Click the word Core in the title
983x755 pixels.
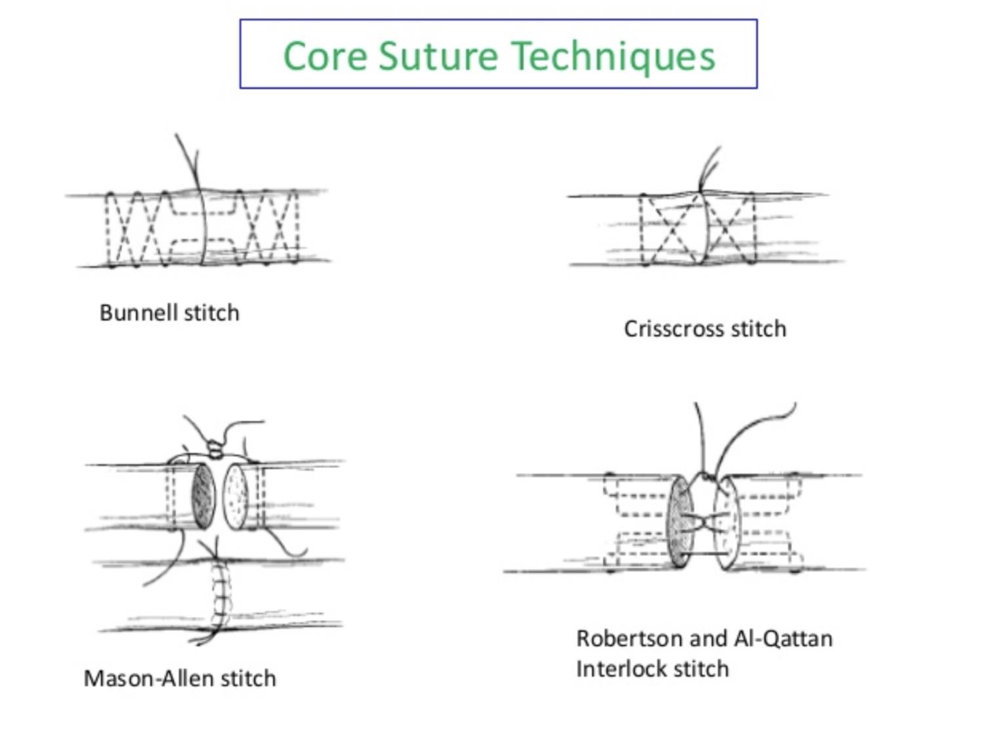click(x=325, y=56)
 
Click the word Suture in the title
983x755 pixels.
click(x=438, y=55)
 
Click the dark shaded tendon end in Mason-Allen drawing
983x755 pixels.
click(x=203, y=497)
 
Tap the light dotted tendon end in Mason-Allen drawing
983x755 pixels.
click(x=236, y=497)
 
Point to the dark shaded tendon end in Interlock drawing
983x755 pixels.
click(x=681, y=523)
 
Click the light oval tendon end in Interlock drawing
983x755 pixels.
click(x=728, y=523)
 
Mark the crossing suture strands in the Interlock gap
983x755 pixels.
click(x=703, y=523)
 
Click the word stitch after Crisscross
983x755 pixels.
click(x=759, y=329)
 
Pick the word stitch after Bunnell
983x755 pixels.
click(x=212, y=313)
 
